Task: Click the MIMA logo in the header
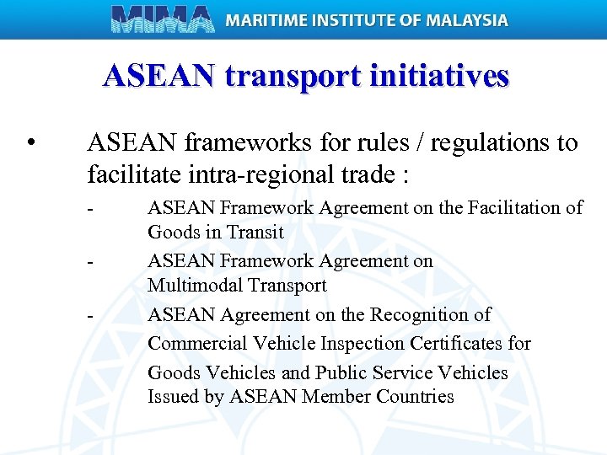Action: [163, 19]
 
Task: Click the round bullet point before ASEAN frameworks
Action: [31, 142]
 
